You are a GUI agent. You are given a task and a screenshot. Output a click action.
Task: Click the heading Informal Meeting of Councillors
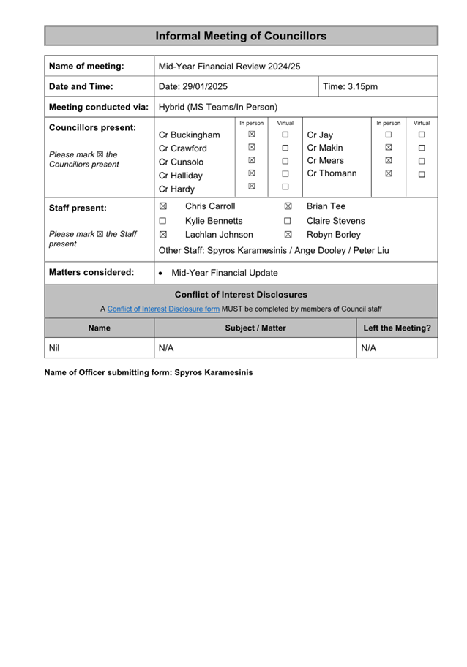pyautogui.click(x=241, y=36)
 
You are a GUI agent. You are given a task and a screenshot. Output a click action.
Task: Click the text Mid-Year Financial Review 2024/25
pyautogui.click(x=229, y=66)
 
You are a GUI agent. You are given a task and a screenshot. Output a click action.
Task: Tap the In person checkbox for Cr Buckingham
pyautogui.click(x=251, y=135)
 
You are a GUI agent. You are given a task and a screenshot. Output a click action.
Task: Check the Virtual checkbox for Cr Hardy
pyautogui.click(x=285, y=187)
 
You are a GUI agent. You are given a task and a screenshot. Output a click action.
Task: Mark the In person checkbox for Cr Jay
pyautogui.click(x=389, y=135)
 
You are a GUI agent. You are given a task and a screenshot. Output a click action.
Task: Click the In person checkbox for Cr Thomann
pyautogui.click(x=389, y=174)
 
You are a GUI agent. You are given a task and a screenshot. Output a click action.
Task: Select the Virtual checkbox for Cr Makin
pyautogui.click(x=422, y=148)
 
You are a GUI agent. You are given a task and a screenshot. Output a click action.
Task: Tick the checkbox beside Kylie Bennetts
pyautogui.click(x=163, y=221)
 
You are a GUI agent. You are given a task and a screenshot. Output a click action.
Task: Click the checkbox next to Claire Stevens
pyautogui.click(x=288, y=221)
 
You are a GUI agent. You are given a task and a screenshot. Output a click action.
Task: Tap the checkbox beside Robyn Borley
pyautogui.click(x=288, y=235)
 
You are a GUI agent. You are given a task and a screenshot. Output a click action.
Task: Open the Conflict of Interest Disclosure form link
pyautogui.click(x=163, y=309)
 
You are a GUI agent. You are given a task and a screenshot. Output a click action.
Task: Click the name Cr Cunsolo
pyautogui.click(x=181, y=162)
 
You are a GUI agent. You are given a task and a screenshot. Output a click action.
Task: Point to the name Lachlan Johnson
pyautogui.click(x=219, y=235)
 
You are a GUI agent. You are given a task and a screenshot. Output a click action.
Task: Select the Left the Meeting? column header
pyautogui.click(x=397, y=328)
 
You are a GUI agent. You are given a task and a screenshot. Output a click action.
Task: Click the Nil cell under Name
pyautogui.click(x=53, y=348)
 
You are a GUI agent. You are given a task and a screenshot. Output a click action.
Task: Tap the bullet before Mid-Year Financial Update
pyautogui.click(x=161, y=273)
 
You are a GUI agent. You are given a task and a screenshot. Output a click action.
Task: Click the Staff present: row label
pyautogui.click(x=78, y=208)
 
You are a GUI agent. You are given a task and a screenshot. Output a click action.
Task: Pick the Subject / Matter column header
pyautogui.click(x=255, y=328)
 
